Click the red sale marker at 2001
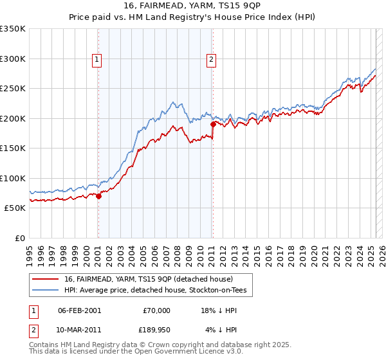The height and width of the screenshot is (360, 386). click(x=98, y=197)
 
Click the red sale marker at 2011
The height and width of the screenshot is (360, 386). click(x=213, y=124)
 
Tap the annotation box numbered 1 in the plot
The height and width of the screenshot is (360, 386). click(x=96, y=60)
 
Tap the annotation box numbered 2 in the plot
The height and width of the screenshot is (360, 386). click(x=211, y=60)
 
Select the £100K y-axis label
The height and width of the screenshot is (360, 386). click(x=13, y=178)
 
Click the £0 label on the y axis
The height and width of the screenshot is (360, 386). click(x=19, y=238)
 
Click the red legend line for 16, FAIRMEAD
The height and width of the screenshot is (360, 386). click(x=45, y=279)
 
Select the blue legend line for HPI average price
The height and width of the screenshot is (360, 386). click(x=45, y=291)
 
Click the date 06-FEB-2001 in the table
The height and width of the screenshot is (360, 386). click(x=79, y=310)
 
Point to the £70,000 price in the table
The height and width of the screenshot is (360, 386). click(x=156, y=310)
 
